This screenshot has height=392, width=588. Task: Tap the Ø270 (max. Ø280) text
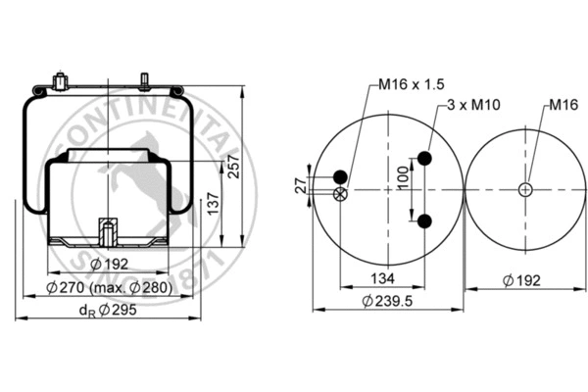[110, 288]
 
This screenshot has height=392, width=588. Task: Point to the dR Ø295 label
[106, 312]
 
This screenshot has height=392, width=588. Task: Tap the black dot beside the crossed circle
[340, 176]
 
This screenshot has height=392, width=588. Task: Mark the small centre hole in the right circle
[525, 189]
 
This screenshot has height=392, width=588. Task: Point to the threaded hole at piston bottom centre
[108, 234]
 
